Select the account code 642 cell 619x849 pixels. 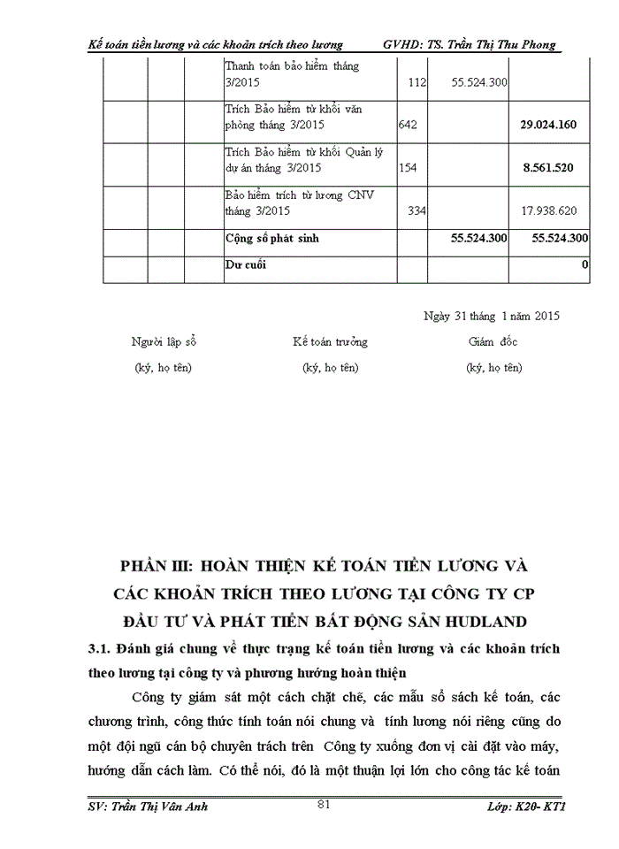[x=408, y=125]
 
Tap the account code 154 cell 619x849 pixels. [x=408, y=167]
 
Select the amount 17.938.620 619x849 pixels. [x=549, y=210]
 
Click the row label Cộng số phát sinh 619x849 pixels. [x=271, y=239]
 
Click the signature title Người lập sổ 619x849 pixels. [x=163, y=341]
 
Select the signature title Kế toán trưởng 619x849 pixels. [x=331, y=341]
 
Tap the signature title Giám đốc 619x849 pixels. [x=493, y=341]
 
